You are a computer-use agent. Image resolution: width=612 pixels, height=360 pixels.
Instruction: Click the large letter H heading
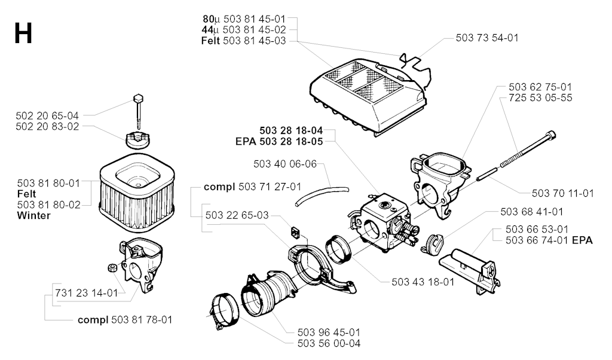coord(23,33)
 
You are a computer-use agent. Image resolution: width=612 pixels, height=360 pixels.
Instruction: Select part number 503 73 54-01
coord(487,38)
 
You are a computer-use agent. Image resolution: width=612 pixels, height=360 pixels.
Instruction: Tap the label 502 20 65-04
coord(47,115)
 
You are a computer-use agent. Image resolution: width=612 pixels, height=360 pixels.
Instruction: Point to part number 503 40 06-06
coord(285,164)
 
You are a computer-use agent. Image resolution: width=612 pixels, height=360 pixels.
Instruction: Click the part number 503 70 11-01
coord(563,193)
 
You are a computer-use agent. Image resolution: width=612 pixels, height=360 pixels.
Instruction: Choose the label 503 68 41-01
coord(532,212)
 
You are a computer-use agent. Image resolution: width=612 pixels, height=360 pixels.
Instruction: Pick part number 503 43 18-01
coord(423,282)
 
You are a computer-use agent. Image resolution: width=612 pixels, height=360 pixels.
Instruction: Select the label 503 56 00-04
coord(329,344)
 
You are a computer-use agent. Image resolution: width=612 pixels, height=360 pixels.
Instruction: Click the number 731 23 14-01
coord(87,293)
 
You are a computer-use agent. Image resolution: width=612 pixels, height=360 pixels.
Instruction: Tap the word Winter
coord(34,215)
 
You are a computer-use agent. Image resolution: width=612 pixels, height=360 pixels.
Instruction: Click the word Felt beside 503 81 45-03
coord(211,41)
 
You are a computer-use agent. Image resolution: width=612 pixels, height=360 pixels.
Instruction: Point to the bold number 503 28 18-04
coord(291,130)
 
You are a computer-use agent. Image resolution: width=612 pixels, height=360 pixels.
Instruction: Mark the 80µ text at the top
coord(211,19)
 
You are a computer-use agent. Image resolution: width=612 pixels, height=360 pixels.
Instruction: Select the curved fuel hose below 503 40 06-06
coord(322,196)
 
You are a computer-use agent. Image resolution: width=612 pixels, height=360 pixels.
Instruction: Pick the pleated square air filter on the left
coord(136,196)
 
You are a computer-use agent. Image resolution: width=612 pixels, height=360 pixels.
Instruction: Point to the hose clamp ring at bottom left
coord(225,311)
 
